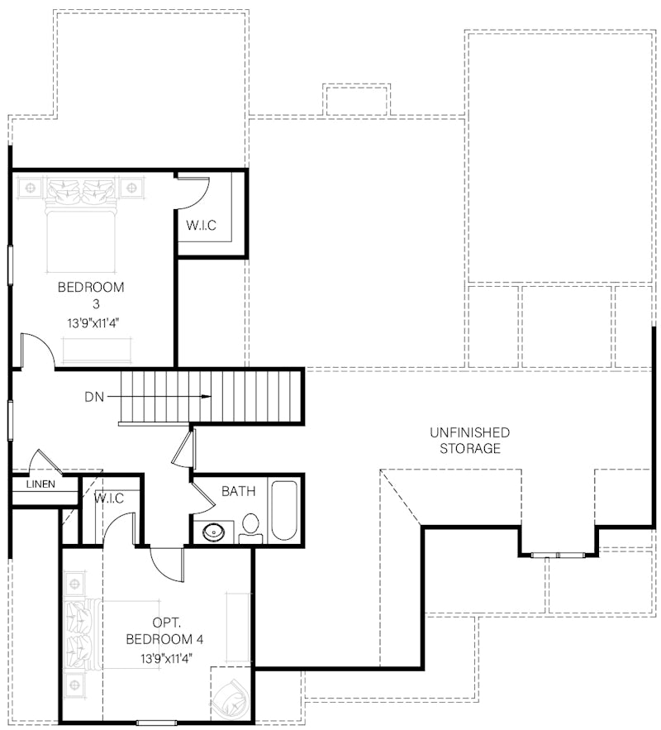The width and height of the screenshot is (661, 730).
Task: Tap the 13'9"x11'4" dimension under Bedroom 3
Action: (x=91, y=323)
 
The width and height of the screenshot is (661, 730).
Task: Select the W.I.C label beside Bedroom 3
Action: (x=201, y=226)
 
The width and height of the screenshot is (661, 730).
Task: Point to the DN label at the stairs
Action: (x=95, y=397)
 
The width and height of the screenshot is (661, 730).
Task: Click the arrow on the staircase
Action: (x=165, y=397)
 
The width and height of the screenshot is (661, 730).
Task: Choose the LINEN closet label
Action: (x=40, y=484)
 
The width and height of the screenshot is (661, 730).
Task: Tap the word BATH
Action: (x=238, y=491)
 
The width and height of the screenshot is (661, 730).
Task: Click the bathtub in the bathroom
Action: (x=284, y=510)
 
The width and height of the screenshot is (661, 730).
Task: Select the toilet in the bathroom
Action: (x=250, y=527)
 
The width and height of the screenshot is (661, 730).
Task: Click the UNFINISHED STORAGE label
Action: (x=469, y=441)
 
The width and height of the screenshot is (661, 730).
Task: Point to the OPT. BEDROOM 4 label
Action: (x=164, y=631)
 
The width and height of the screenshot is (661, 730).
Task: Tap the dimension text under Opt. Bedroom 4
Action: (x=164, y=659)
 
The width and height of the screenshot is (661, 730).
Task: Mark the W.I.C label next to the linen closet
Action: (x=109, y=498)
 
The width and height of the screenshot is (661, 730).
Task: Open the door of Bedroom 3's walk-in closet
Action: (x=197, y=193)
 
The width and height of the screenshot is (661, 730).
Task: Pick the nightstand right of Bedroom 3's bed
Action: (x=131, y=188)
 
